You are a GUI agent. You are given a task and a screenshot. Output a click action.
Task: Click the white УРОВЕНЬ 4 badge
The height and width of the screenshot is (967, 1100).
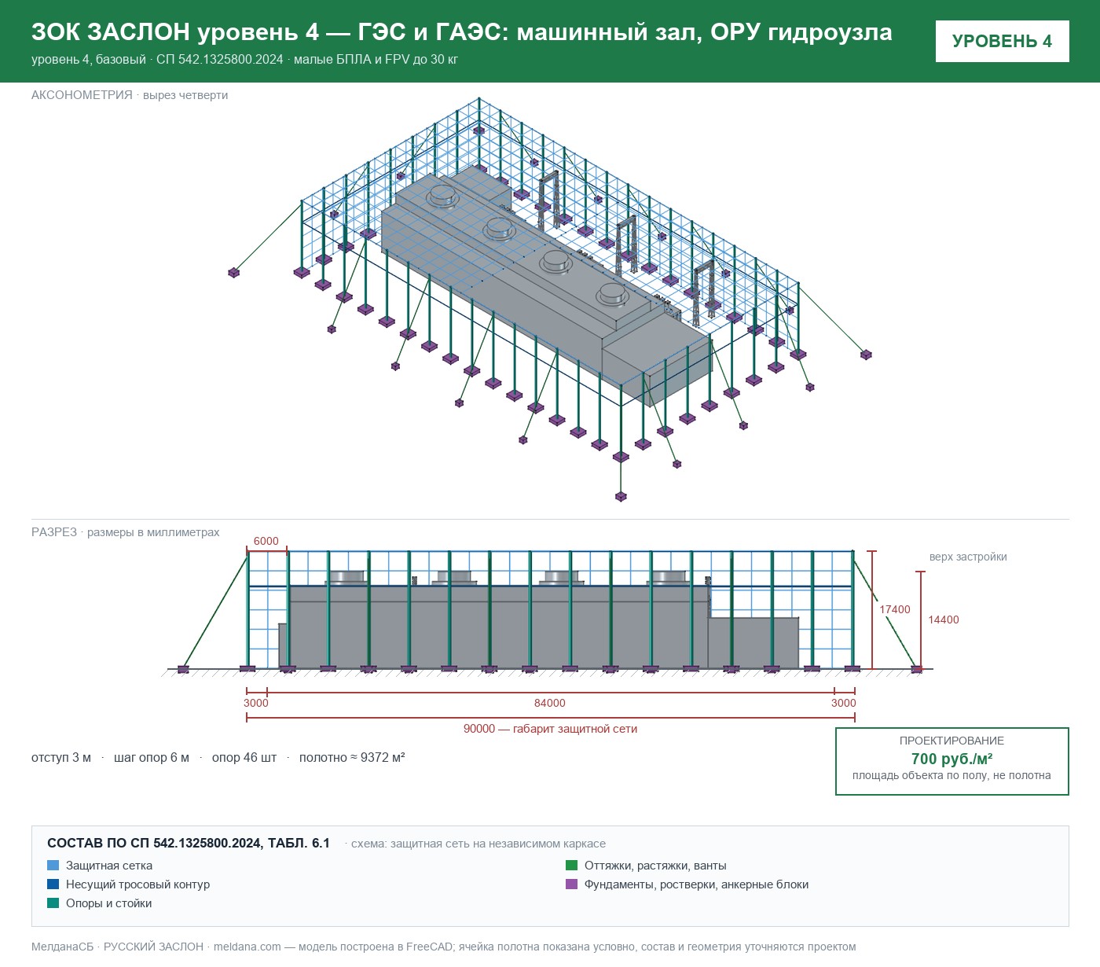click(1002, 42)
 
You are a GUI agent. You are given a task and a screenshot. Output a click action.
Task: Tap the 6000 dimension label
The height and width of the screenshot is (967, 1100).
click(266, 541)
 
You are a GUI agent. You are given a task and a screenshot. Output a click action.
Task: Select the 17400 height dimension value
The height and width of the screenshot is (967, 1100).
click(894, 609)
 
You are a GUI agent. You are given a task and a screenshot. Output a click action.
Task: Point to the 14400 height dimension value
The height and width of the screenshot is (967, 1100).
click(943, 620)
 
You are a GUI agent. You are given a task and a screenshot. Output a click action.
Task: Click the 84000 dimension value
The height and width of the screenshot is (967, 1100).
click(549, 703)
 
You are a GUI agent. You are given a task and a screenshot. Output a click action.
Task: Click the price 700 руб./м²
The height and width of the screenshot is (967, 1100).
click(951, 759)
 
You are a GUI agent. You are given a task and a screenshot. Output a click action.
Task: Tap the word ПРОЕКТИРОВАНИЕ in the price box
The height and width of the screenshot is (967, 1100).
click(951, 741)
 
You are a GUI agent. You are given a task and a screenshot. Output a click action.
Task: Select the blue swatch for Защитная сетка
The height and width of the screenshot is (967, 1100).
click(53, 866)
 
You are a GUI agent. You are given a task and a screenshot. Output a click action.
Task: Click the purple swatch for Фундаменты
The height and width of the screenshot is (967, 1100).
click(571, 884)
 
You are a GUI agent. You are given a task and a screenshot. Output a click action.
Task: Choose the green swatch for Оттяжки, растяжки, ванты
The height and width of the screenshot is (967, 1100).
click(571, 866)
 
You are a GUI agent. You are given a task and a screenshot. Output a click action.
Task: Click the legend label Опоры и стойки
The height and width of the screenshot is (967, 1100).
click(108, 903)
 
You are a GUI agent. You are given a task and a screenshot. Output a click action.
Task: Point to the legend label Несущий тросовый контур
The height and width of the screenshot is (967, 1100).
click(138, 884)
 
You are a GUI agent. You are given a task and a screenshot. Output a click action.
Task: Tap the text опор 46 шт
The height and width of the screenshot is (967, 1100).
click(244, 757)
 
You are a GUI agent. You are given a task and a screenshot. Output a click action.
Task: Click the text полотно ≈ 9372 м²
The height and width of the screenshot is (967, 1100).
click(352, 757)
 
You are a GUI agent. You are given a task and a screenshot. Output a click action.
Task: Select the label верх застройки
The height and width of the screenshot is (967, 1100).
click(968, 557)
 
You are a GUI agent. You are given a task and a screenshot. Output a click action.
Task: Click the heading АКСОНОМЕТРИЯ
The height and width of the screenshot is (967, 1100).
click(82, 95)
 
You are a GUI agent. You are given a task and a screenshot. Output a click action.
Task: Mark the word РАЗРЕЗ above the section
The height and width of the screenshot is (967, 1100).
click(54, 532)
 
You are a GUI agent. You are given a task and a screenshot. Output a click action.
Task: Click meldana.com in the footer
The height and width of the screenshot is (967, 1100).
click(247, 947)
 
